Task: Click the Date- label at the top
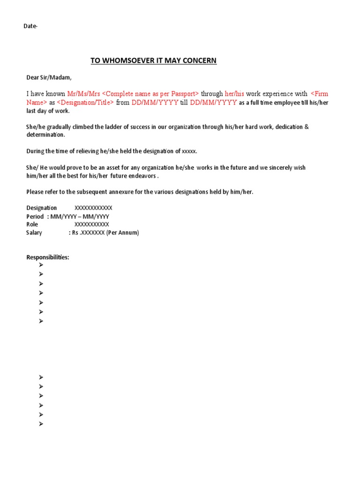(x=30, y=26)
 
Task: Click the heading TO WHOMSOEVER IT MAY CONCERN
(x=153, y=61)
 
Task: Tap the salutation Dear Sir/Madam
(x=49, y=77)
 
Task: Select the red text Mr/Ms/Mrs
(x=83, y=94)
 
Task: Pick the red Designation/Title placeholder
(x=85, y=103)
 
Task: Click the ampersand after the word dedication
(x=307, y=127)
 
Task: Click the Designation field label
(x=42, y=208)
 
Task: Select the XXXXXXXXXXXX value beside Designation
(x=93, y=208)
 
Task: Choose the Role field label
(x=32, y=225)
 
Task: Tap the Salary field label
(x=34, y=233)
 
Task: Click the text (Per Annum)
(x=123, y=233)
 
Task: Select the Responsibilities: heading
(x=48, y=257)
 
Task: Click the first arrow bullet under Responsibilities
(x=41, y=265)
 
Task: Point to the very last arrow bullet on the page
(x=41, y=424)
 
